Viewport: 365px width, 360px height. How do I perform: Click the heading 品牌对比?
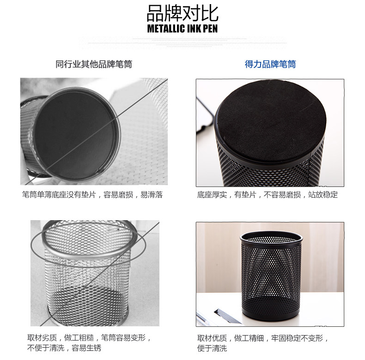pyautogui.click(x=182, y=13)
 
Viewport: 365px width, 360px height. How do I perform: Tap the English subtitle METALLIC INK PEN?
pyautogui.click(x=182, y=29)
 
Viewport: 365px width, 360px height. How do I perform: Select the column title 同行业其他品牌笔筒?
pyautogui.click(x=94, y=64)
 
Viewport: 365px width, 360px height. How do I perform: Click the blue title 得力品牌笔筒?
pyautogui.click(x=270, y=64)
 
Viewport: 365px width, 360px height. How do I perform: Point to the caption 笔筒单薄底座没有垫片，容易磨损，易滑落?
pyautogui.click(x=92, y=194)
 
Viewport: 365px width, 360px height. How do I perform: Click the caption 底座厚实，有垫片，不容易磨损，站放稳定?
pyautogui.click(x=267, y=194)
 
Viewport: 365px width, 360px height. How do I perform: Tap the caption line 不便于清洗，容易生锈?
pyautogui.click(x=64, y=348)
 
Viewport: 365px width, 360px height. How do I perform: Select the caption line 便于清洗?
pyautogui.click(x=212, y=348)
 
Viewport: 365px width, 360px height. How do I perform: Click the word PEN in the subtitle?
pyautogui.click(x=210, y=29)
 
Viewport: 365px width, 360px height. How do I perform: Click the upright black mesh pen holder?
pyautogui.click(x=271, y=276)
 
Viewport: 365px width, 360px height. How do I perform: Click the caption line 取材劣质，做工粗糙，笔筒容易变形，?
pyautogui.click(x=89, y=337)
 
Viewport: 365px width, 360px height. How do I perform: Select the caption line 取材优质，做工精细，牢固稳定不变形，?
pyautogui.click(x=263, y=338)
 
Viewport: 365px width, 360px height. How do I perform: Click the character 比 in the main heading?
pyautogui.click(x=210, y=13)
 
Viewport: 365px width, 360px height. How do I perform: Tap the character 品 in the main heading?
pyautogui.click(x=155, y=13)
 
